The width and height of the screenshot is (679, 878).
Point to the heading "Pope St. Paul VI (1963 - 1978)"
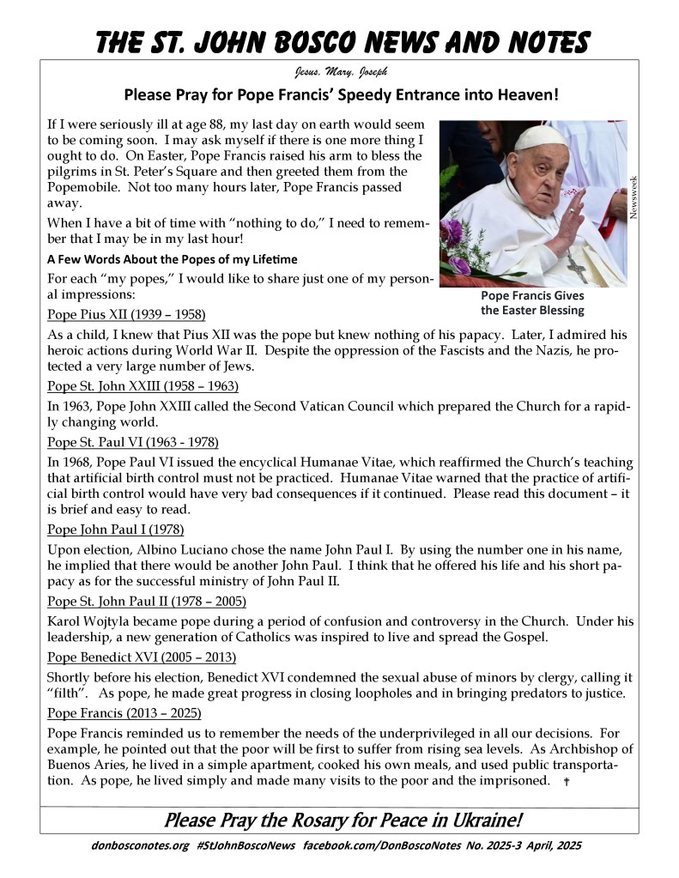pos(133,442)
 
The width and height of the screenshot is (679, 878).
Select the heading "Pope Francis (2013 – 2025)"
pos(126,713)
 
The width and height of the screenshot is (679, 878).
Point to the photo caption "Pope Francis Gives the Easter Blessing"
pos(532,302)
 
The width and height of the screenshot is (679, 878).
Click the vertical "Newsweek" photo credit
pos(634,197)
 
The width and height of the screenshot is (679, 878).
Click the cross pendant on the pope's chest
pos(576,268)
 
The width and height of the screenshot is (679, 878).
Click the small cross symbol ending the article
pos(567,782)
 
